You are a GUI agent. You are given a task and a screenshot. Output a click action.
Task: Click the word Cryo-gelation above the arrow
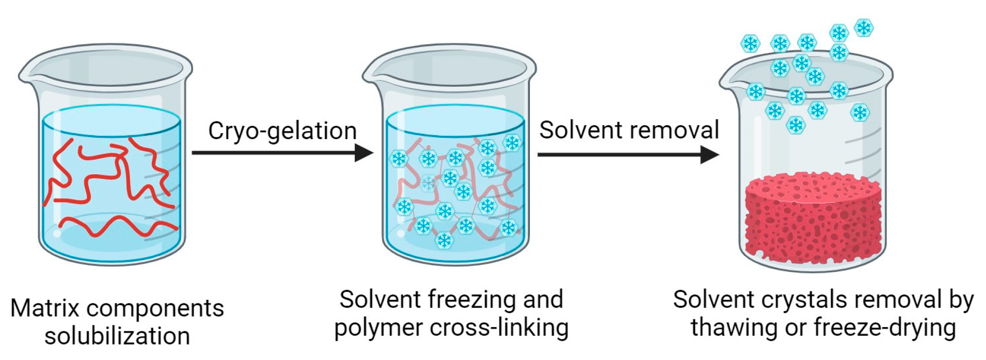click(282, 131)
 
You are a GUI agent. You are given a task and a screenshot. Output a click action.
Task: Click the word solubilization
click(117, 336)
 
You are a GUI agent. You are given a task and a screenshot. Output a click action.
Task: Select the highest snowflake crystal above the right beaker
click(863, 28)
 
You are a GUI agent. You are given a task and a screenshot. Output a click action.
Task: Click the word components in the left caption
click(155, 308)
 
